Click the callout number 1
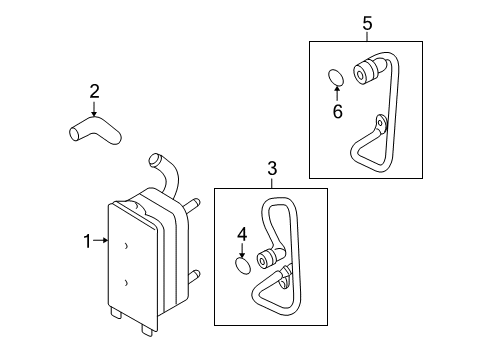(87, 241)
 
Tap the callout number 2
(94, 91)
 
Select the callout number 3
(272, 168)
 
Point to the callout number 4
(242, 234)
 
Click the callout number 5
(367, 24)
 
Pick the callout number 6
(337, 111)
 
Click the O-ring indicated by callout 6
(336, 77)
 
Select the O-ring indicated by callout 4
(243, 266)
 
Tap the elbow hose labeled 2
(95, 130)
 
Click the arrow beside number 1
(101, 240)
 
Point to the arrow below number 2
(94, 109)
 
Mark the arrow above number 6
(337, 93)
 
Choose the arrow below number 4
(242, 250)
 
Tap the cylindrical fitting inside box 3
(267, 259)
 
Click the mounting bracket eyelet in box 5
(380, 122)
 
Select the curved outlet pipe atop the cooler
(166, 175)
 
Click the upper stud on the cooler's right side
(193, 205)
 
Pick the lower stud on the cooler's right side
(193, 276)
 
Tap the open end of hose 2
(74, 134)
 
